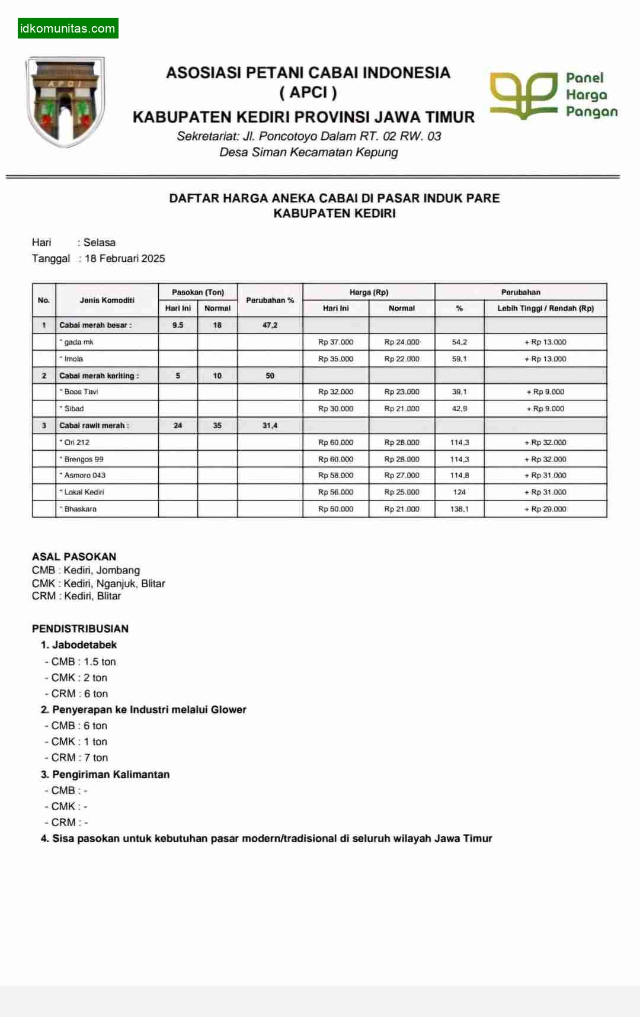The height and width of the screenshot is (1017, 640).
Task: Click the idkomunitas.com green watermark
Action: click(68, 28)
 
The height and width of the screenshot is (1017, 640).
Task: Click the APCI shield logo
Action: click(66, 101)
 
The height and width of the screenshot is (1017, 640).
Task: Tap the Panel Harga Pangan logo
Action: click(553, 95)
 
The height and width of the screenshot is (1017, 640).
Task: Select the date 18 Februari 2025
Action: click(124, 258)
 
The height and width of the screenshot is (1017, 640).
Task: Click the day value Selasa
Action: click(99, 242)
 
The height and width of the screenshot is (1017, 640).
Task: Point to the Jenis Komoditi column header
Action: click(107, 300)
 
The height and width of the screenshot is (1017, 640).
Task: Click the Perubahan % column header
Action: click(270, 300)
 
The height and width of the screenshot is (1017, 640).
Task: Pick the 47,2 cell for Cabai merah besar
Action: click(270, 325)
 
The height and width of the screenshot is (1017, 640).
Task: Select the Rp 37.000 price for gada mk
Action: click(335, 342)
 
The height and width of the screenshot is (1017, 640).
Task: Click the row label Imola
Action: click(73, 359)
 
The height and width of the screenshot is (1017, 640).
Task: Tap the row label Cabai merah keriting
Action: click(99, 376)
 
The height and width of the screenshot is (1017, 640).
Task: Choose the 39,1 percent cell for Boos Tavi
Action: click(459, 392)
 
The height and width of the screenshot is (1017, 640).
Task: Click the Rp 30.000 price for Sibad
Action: click(335, 409)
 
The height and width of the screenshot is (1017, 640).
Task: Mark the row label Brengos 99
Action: click(84, 459)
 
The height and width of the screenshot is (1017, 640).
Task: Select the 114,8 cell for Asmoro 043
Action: click(459, 476)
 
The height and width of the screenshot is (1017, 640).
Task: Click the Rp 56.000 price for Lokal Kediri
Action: click(335, 492)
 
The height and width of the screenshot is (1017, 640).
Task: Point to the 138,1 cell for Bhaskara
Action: click(459, 509)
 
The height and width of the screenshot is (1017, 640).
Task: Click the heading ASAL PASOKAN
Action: click(74, 557)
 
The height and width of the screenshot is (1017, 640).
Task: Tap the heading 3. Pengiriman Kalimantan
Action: click(105, 774)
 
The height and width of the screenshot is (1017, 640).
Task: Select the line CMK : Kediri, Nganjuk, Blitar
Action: click(98, 583)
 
